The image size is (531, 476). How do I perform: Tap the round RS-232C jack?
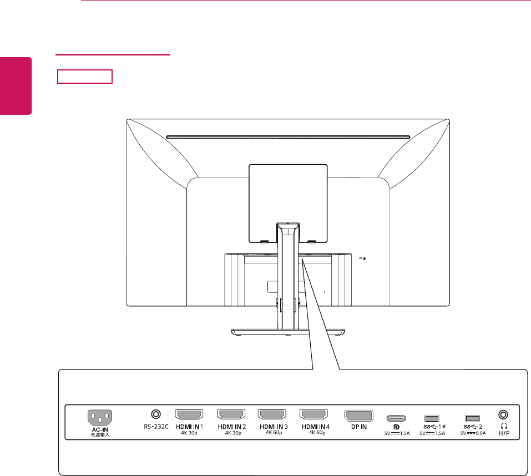[156, 414]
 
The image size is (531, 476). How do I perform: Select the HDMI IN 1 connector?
[189, 414]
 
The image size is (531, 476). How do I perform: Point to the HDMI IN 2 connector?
[231, 414]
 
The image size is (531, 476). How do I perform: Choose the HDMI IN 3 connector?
[272, 414]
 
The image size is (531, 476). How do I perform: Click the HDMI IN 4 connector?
[313, 414]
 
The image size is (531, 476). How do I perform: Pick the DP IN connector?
[358, 416]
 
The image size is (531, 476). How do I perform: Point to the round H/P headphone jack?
[504, 414]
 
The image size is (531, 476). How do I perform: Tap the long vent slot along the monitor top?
[288, 137]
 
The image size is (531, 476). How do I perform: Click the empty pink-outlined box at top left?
[85, 76]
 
